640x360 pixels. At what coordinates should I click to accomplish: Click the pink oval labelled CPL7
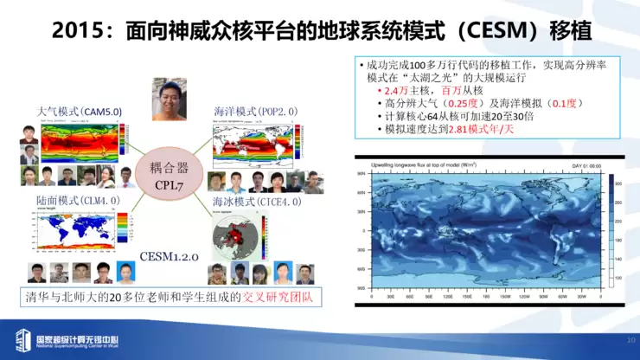[169, 177]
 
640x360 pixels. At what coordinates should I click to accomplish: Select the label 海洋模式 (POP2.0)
[255, 112]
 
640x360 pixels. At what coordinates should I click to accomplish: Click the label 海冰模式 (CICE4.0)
[257, 201]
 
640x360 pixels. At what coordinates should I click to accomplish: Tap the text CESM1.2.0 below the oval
[170, 257]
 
